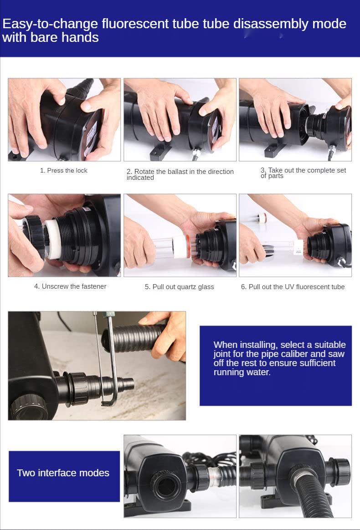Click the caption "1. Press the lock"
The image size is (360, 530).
(64, 171)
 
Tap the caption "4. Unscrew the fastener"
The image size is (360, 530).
(70, 286)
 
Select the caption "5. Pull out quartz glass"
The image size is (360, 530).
(180, 287)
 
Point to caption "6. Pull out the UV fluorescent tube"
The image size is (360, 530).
(293, 287)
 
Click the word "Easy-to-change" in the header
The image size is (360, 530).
(50, 24)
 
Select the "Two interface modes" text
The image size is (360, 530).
(63, 473)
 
